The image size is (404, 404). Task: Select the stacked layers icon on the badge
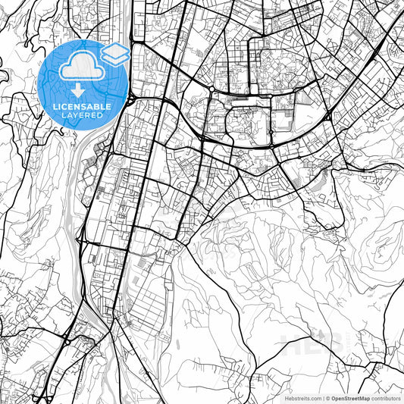point(115,55)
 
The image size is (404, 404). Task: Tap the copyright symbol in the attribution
point(327,397)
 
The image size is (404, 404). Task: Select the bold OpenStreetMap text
point(351,397)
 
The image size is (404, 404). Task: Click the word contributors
point(387,397)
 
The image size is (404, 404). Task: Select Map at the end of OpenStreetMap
point(364,397)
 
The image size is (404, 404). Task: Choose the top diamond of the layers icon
point(115,50)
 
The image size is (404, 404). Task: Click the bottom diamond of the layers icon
point(115,59)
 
